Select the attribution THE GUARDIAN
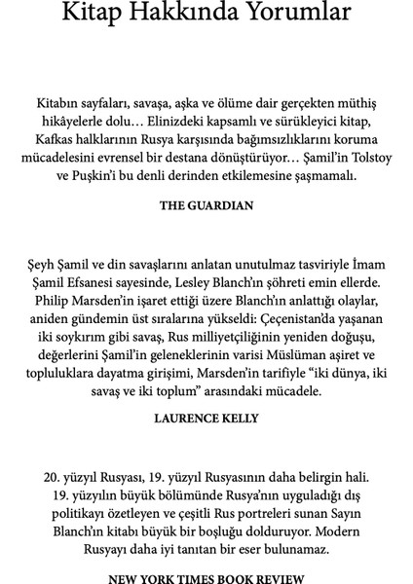206,206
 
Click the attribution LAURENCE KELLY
206,417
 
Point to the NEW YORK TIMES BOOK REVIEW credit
206,577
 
